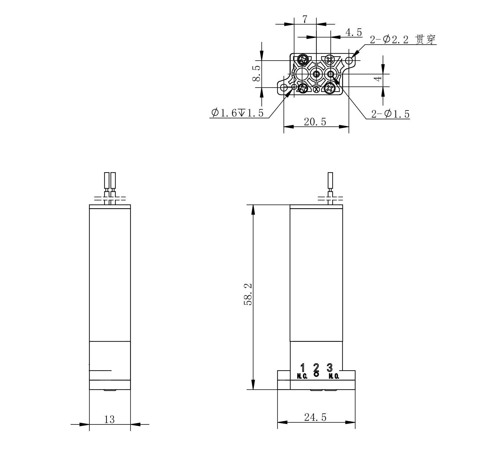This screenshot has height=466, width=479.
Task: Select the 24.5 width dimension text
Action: click(315, 418)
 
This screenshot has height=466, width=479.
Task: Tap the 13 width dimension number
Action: click(109, 419)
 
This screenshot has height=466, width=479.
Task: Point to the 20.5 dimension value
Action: click(315, 121)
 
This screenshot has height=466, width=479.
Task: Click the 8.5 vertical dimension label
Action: click(256, 73)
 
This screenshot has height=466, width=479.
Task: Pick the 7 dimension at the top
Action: click(305, 19)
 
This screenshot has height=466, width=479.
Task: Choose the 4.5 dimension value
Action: click(354, 32)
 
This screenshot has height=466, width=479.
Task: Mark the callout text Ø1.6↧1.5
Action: click(237, 113)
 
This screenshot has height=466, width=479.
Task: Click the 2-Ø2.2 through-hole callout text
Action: click(403, 40)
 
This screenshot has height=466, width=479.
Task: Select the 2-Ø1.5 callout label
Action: click(390, 114)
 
